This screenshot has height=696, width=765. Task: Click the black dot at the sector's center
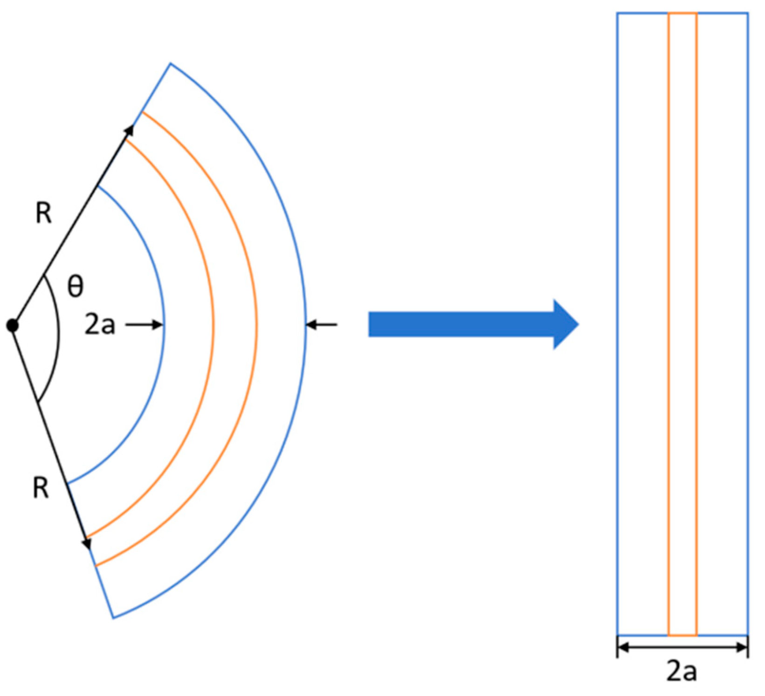(13, 325)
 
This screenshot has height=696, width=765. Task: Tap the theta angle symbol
(76, 286)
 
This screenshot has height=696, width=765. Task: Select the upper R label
(44, 214)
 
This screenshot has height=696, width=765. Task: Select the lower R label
(41, 489)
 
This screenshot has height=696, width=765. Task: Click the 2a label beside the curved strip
(100, 325)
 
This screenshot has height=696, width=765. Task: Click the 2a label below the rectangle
(682, 671)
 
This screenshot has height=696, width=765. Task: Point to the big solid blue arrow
(474, 324)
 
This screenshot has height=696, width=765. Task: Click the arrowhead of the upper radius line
(129, 131)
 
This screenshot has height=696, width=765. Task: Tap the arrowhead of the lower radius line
(87, 544)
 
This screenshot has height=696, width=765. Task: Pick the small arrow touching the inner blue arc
(145, 325)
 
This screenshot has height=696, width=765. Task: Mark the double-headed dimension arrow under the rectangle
(682, 647)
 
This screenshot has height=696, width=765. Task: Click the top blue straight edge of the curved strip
(156, 87)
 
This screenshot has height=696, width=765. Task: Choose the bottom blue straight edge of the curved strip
(104, 592)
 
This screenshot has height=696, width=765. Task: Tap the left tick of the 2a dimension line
(618, 647)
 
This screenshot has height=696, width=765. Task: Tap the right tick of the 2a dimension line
(748, 647)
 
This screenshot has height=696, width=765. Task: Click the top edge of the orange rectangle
(682, 13)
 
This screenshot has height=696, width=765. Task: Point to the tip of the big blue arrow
(579, 324)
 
